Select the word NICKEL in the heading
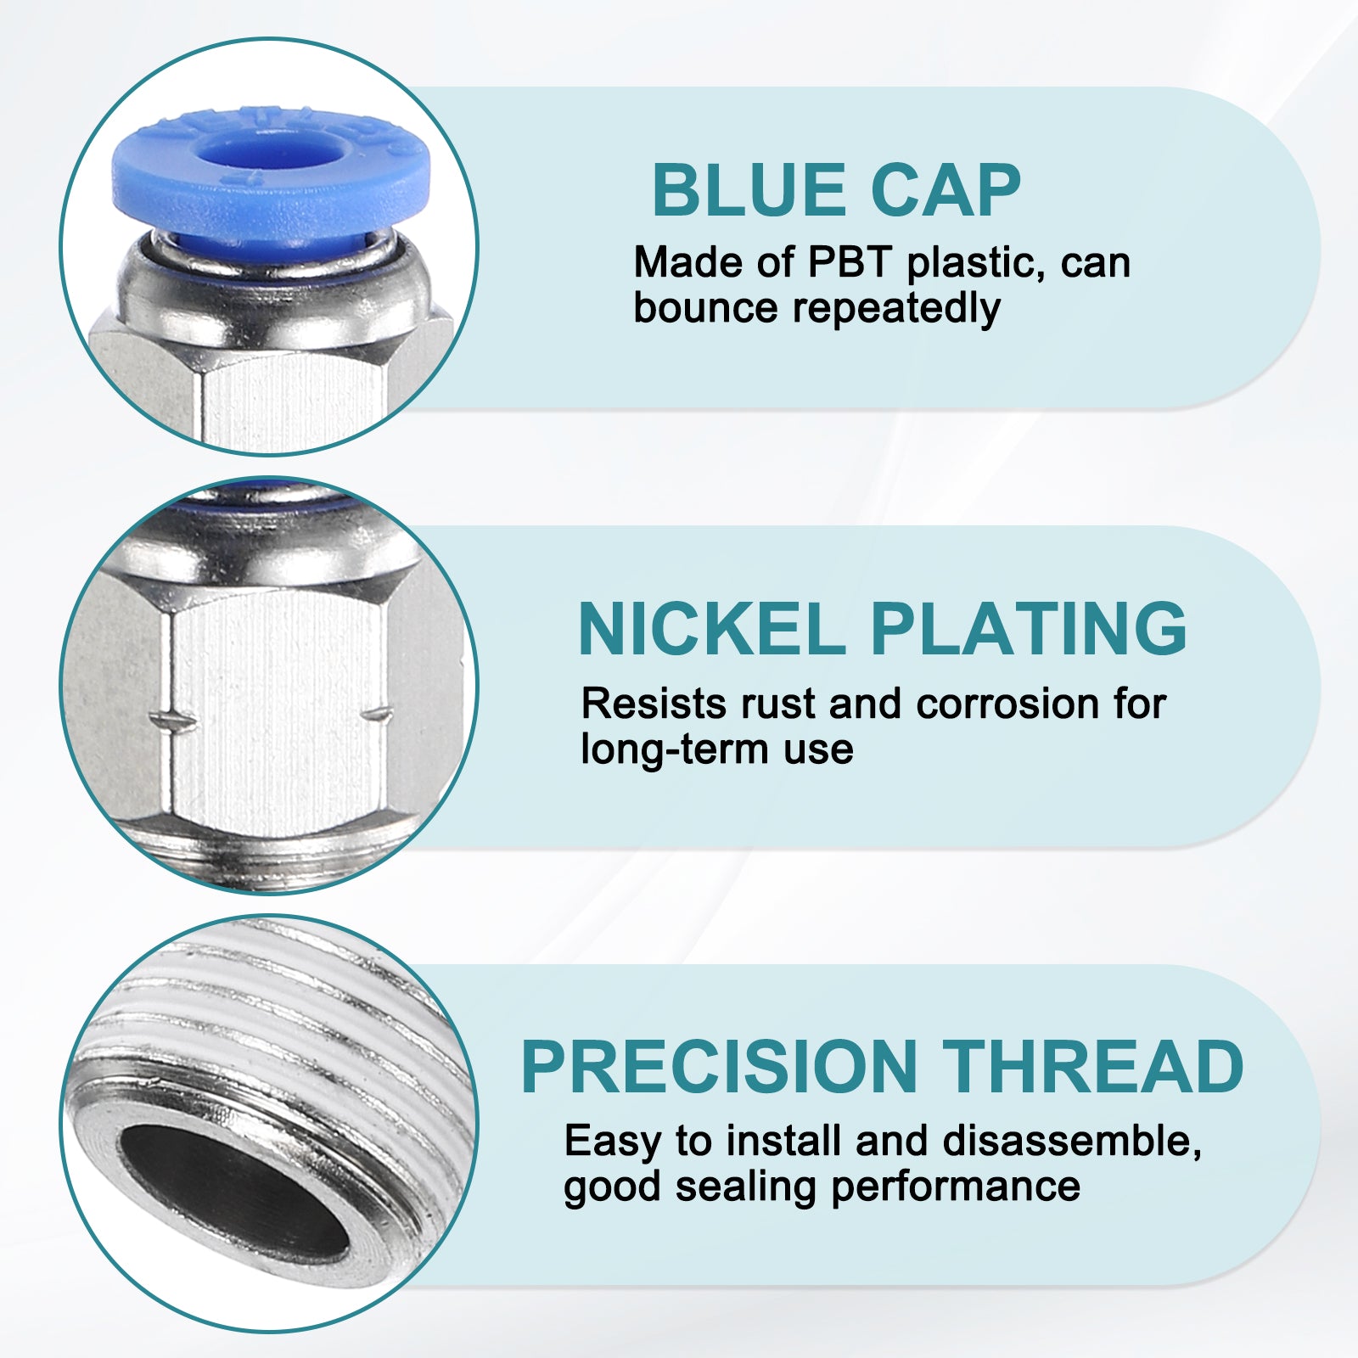point(711,629)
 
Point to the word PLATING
point(1029,629)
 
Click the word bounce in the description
point(705,307)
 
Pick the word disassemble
point(1072,1142)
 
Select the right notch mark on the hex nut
point(377,713)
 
